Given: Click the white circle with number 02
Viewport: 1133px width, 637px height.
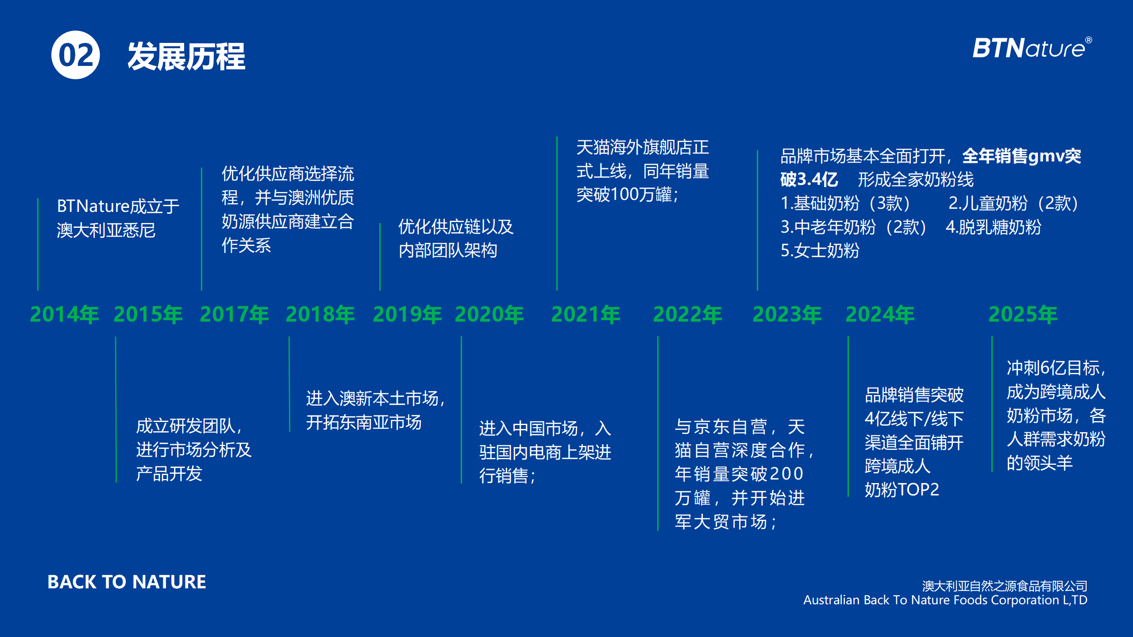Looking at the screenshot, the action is (76, 55).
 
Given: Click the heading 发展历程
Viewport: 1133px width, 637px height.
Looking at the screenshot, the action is (186, 56).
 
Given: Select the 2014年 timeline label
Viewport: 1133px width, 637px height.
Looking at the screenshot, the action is (65, 315).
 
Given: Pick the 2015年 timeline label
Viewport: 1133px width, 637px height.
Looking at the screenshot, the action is (148, 315).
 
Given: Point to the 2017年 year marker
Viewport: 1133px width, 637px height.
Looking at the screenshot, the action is (235, 315).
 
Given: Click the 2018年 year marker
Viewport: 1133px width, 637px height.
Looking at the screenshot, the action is (320, 315).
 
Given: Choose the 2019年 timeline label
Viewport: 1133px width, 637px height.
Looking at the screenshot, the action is (408, 315).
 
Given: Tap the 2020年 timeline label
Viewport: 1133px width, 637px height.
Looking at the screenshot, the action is (489, 315).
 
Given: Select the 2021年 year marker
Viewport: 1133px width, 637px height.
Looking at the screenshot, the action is (586, 315).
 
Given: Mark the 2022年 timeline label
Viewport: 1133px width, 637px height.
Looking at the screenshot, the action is (688, 315).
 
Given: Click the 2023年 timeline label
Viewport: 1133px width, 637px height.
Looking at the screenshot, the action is (787, 315).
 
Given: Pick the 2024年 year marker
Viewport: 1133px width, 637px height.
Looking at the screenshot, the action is (880, 315).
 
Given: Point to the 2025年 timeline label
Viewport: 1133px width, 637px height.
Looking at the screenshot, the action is (1023, 315).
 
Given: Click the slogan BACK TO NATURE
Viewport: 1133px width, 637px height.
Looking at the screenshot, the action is (127, 582).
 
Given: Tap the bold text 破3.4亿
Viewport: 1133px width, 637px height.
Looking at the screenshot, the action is (809, 180).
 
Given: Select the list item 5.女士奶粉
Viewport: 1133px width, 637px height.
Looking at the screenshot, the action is (820, 250).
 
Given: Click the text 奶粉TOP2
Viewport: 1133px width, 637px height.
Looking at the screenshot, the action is (902, 490).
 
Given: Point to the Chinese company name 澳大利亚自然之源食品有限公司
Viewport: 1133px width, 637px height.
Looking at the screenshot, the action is (1005, 586).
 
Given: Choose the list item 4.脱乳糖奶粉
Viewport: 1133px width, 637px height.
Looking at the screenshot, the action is (993, 227).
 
